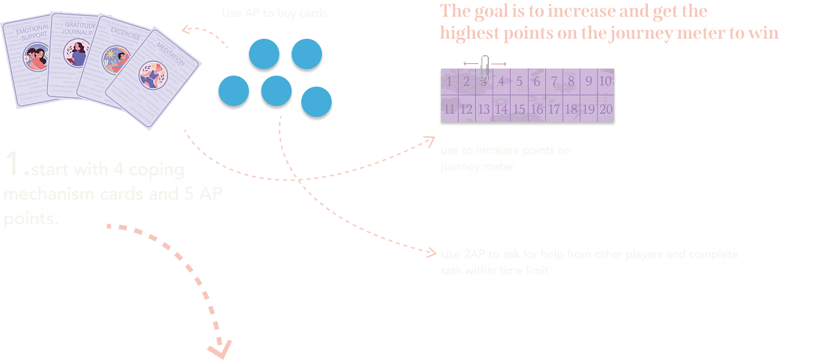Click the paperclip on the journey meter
click(x=484, y=70)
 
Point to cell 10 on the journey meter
click(x=605, y=81)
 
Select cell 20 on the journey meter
click(x=605, y=109)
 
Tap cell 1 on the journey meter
click(x=449, y=81)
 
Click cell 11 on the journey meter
click(x=449, y=109)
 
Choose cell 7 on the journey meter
click(x=553, y=81)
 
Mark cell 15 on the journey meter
click(x=519, y=109)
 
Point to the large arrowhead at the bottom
click(x=220, y=348)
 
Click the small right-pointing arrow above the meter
click(x=500, y=63)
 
